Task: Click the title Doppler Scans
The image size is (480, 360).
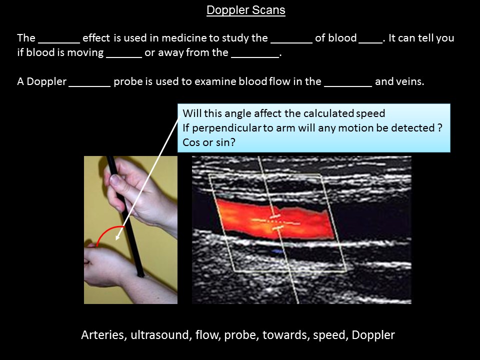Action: pos(245,10)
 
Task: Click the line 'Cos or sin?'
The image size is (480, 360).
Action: pos(209,142)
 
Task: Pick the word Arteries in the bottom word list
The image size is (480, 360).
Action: pos(103,335)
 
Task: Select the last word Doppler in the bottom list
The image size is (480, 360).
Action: pos(373,335)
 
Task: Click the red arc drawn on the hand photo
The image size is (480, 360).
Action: pos(108,232)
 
